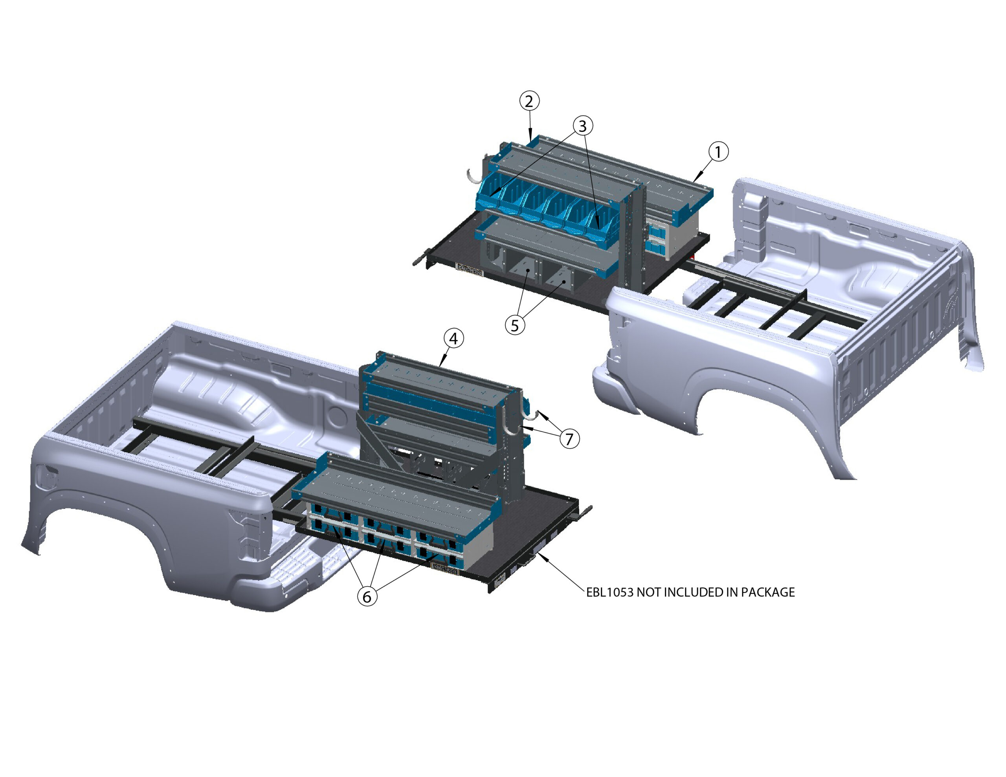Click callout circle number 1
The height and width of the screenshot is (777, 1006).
(718, 152)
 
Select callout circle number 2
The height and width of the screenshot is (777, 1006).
(529, 101)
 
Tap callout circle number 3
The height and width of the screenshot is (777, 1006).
(583, 125)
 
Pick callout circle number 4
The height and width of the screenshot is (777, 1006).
(454, 339)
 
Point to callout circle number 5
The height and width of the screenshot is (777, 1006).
(515, 325)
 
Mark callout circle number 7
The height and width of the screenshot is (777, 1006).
(570, 438)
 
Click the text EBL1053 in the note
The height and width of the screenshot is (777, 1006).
(609, 592)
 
